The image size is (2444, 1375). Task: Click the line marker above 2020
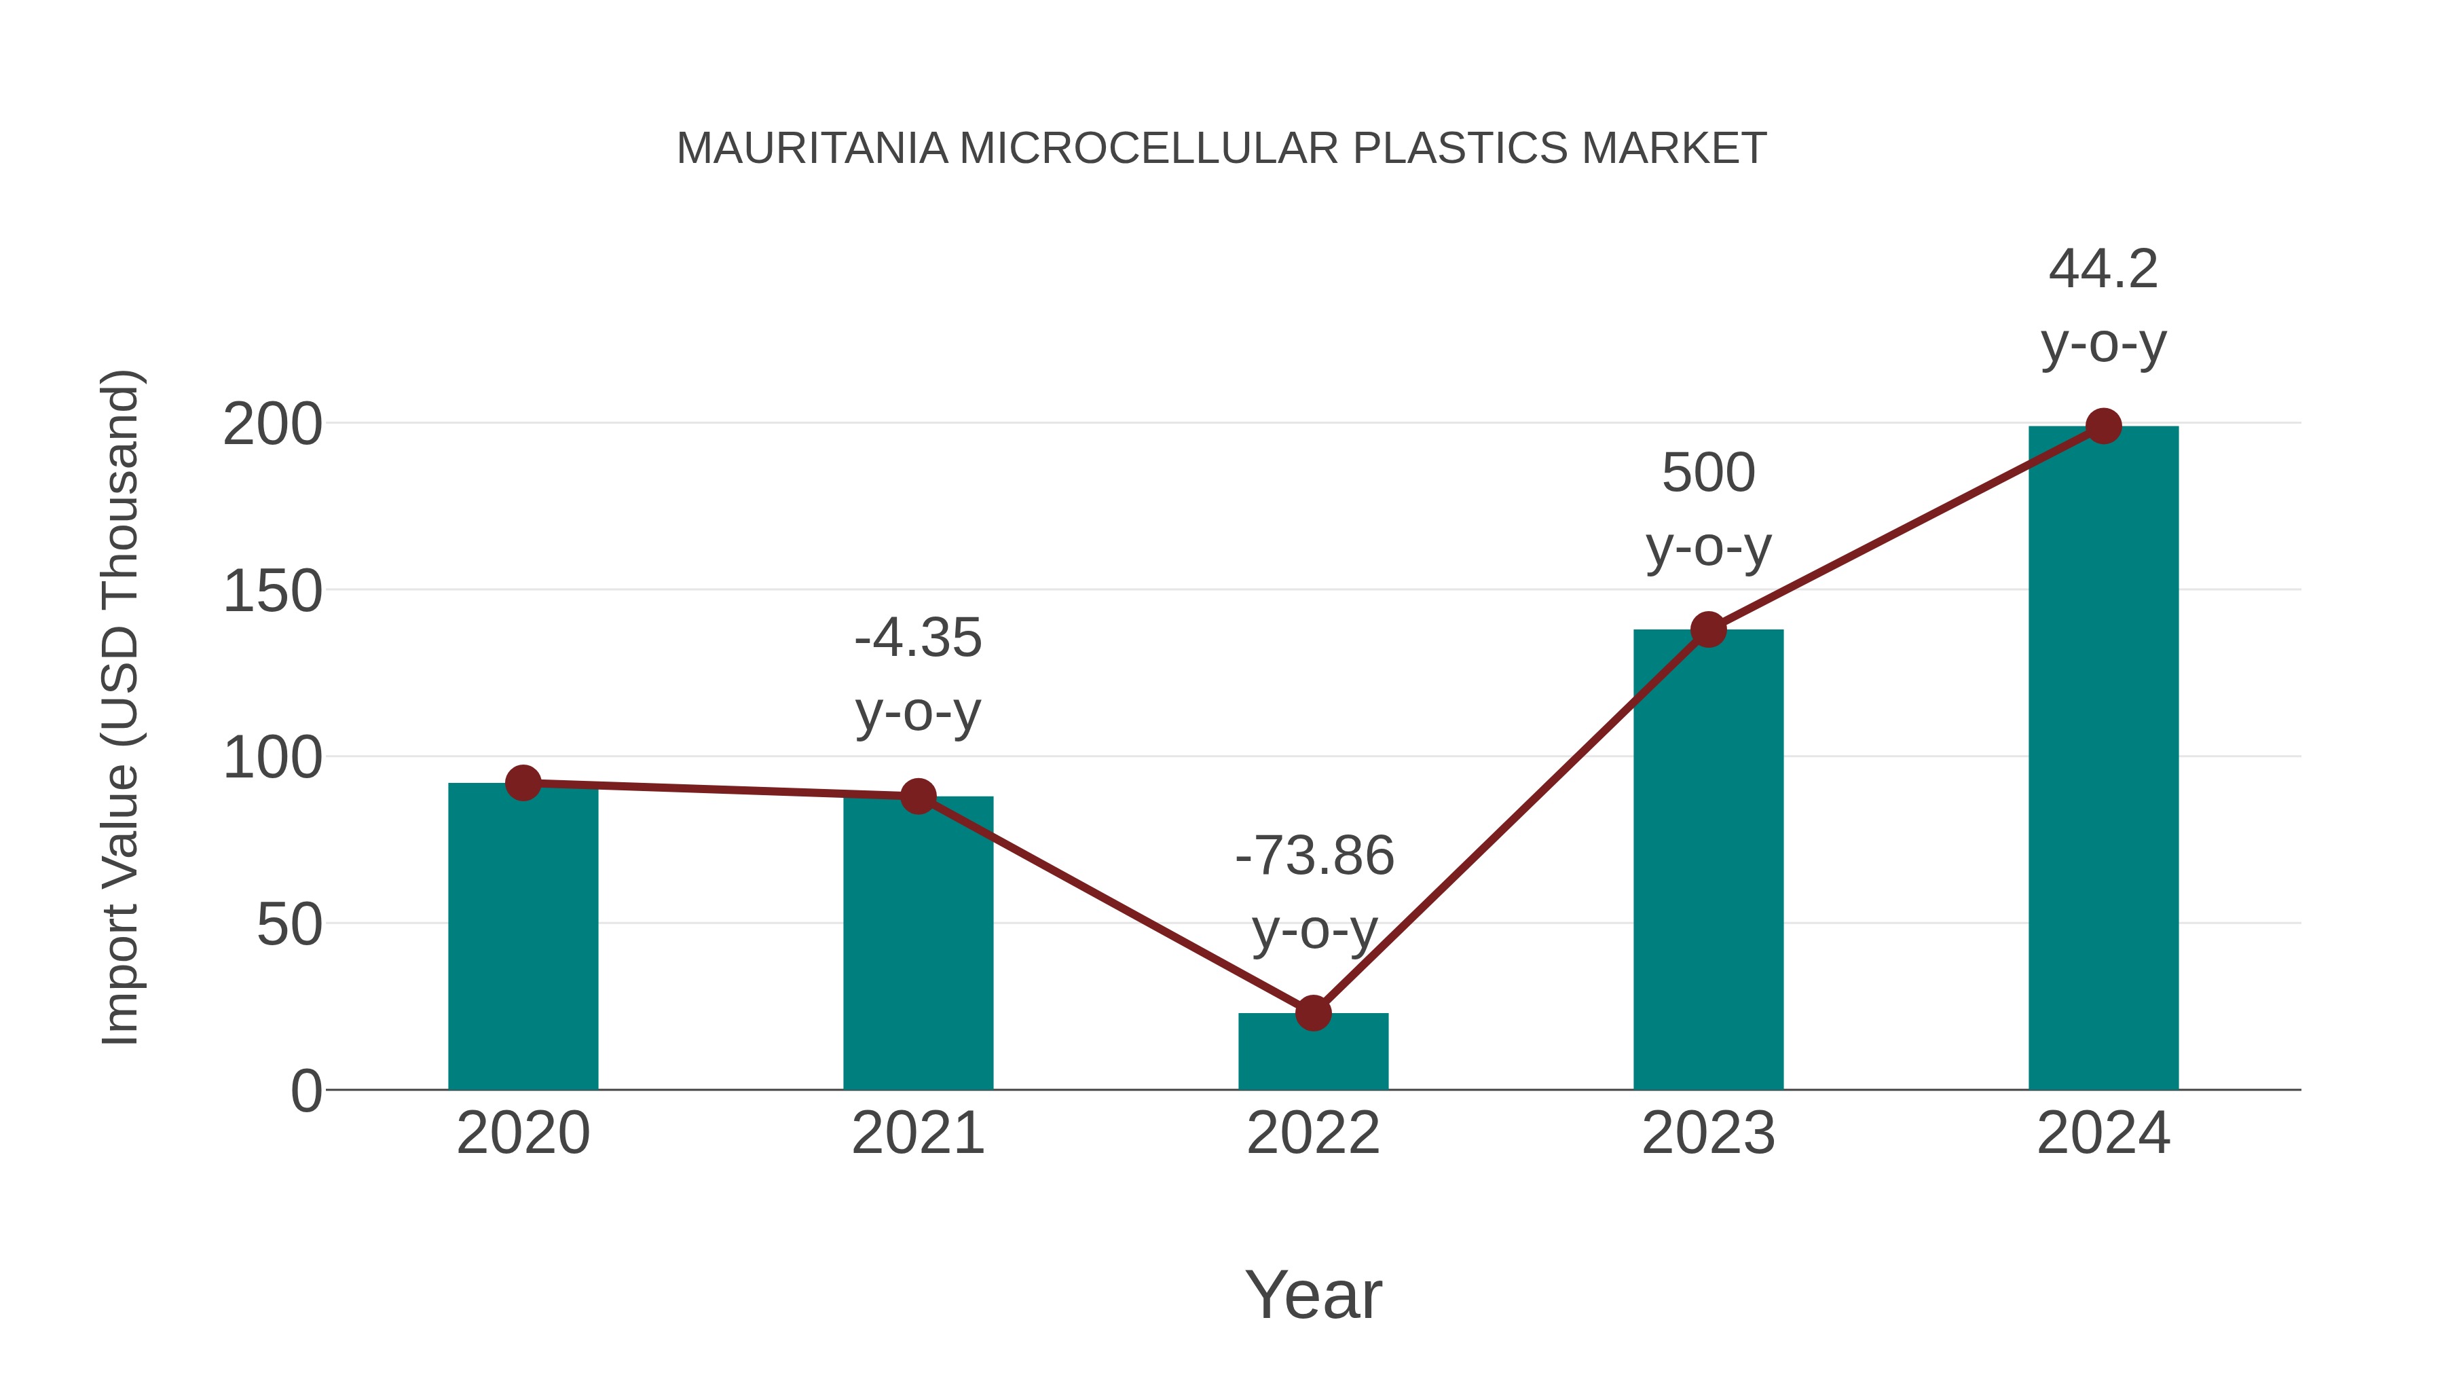point(523,783)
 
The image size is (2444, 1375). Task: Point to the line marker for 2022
point(1312,1014)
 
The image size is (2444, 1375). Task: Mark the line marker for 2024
point(2103,426)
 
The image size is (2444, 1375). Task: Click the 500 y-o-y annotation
point(1708,509)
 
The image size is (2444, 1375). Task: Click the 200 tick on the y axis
point(272,424)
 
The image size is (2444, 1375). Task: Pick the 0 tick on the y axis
point(305,1090)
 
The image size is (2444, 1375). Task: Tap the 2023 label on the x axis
point(1708,1133)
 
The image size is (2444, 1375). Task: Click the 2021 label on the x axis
point(917,1133)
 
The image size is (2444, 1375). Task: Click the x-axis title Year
point(1313,1294)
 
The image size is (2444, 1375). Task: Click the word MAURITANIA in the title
point(811,148)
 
